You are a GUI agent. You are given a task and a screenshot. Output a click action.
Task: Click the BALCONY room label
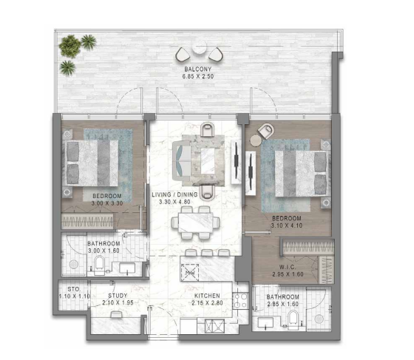198,69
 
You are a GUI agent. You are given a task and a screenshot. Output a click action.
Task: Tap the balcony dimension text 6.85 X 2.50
198,77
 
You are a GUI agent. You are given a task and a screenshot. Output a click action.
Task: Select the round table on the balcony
200,47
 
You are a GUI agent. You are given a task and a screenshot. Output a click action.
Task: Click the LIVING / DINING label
174,194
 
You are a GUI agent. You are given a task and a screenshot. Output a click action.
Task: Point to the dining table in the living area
196,223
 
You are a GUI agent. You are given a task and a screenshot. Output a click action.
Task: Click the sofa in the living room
181,161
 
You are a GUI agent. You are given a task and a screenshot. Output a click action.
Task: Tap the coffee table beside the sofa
208,160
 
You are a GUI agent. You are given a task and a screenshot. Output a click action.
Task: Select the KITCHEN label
207,296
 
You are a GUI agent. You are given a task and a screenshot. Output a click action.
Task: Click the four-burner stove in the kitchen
240,301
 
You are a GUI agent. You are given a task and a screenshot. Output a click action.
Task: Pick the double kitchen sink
215,326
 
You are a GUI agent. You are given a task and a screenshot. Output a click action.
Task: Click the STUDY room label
118,296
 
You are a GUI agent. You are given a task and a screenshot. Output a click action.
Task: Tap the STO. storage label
74,289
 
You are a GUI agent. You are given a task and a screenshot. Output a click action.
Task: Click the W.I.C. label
288,267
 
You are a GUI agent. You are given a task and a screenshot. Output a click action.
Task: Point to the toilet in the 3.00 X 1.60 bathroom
99,265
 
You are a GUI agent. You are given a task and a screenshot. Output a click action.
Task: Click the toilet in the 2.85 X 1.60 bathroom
293,319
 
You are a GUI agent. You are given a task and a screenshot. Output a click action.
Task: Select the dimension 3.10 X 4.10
287,225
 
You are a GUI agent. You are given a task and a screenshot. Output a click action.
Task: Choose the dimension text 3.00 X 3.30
107,203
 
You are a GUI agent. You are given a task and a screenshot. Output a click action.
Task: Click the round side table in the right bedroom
256,140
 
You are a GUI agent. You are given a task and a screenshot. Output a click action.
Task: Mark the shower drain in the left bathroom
74,264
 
